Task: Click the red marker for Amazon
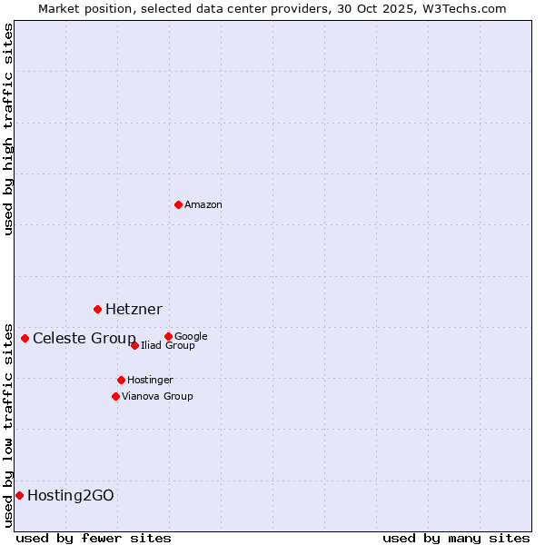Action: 178,204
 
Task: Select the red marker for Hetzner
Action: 97,309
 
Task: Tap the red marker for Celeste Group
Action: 25,338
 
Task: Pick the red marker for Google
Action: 168,336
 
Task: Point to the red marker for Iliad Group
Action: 134,345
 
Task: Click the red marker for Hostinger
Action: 121,380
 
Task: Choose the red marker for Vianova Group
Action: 115,396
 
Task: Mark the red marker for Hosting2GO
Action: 19,495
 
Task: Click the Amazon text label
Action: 203,205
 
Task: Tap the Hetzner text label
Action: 134,310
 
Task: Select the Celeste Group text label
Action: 84,339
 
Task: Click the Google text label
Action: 191,336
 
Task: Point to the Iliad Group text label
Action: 168,346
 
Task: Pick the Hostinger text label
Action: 150,380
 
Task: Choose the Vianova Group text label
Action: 157,396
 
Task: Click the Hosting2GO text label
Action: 71,496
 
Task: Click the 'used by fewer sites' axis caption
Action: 94,538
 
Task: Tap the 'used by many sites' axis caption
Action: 456,538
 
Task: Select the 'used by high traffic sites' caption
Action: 8,129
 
